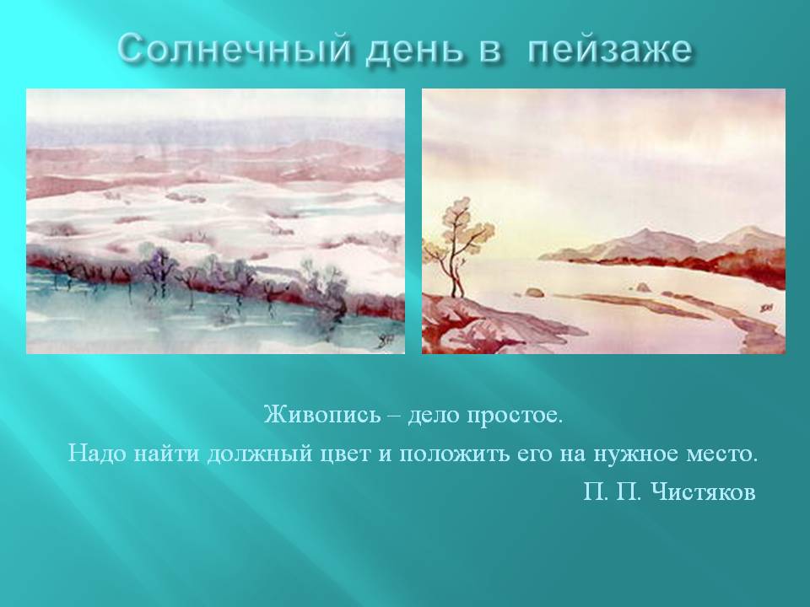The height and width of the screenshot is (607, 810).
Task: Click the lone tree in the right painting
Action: [456, 253]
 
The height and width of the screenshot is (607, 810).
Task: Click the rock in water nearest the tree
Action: [533, 293]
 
